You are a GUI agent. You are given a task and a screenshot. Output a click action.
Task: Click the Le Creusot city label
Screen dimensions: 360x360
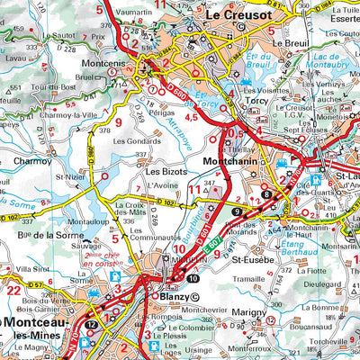240,15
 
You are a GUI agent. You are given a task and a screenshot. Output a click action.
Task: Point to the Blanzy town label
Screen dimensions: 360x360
174,294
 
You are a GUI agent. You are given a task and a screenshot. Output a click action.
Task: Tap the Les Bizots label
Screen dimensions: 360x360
166,170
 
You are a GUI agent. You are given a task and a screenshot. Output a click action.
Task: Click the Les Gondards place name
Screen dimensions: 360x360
139,141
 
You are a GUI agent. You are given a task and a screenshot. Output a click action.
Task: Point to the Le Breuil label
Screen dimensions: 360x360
290,42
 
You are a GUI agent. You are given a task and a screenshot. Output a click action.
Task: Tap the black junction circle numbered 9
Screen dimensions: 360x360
235,211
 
